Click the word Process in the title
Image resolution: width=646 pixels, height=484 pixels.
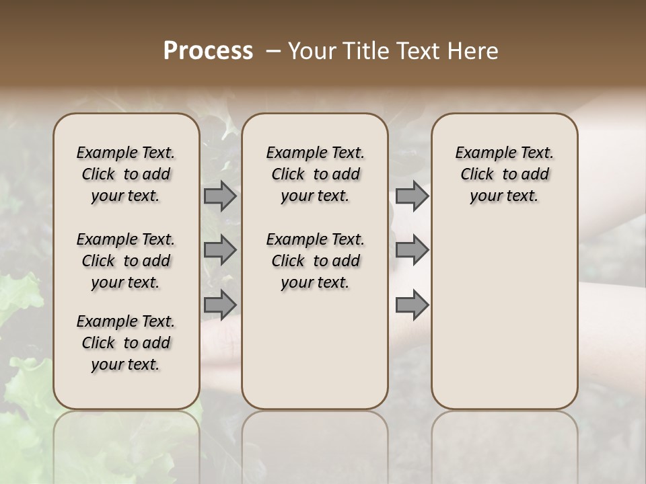click(208, 51)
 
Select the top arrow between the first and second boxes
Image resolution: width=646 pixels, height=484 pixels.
click(220, 196)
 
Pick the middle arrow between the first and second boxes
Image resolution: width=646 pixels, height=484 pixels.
click(220, 250)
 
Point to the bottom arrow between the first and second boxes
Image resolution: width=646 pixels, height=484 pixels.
click(220, 305)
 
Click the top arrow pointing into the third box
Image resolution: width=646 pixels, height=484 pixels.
click(412, 196)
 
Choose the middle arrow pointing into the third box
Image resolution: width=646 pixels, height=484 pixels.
click(412, 250)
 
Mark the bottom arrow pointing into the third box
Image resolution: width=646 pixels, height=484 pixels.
click(412, 305)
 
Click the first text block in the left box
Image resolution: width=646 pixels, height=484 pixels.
click(126, 174)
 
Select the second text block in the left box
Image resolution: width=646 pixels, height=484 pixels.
click(126, 261)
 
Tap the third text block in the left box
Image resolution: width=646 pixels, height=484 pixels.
click(126, 343)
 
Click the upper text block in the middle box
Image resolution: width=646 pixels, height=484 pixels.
click(315, 174)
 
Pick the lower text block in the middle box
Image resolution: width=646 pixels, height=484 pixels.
click(315, 261)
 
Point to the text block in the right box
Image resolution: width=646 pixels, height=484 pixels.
click(504, 174)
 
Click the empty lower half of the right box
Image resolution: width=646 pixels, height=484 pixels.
click(504, 323)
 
